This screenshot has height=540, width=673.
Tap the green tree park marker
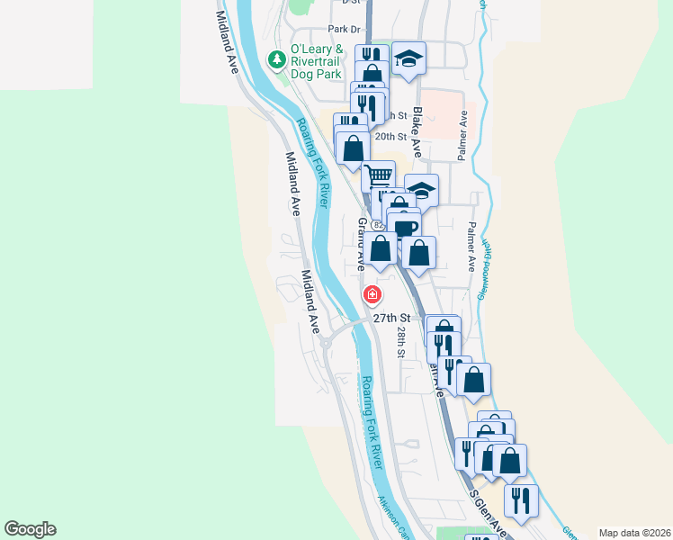pyautogui.click(x=277, y=60)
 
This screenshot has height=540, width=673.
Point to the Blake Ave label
pyautogui.click(x=417, y=133)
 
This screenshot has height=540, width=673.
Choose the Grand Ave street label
pyautogui.click(x=362, y=243)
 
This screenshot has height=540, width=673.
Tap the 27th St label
pyautogui.click(x=392, y=318)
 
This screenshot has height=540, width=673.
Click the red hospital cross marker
pyautogui.click(x=371, y=294)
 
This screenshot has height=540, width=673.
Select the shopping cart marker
pyautogui.click(x=378, y=175)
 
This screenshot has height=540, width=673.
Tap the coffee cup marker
pyautogui.click(x=406, y=225)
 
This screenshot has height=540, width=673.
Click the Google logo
pyautogui.click(x=30, y=529)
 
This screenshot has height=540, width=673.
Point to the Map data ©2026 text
pyautogui.click(x=634, y=532)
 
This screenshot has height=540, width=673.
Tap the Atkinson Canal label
pyautogui.click(x=392, y=517)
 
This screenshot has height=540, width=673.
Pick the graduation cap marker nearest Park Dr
pyautogui.click(x=408, y=58)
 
